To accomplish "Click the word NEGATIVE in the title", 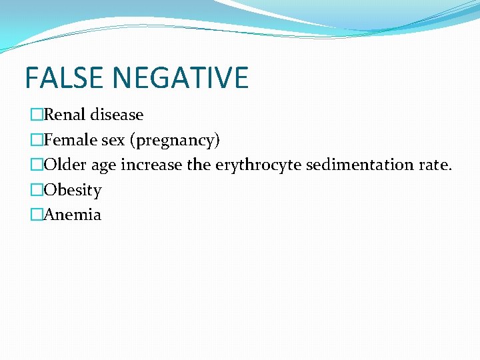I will tap(181, 77).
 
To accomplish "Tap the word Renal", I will tap(65, 115).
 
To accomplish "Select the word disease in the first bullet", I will tap(117, 115).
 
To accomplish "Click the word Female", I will tap(70, 140).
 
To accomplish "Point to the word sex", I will tap(113, 140).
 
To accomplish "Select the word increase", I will tap(151, 165).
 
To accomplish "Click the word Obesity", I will tap(73, 190).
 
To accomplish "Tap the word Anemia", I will tap(73, 215).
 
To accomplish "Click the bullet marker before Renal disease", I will tap(37, 115).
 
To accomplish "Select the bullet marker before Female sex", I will tap(37, 141).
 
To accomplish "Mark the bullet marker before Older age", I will tap(37, 165).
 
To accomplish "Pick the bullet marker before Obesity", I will tap(37, 191).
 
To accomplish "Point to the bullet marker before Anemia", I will tap(37, 215).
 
